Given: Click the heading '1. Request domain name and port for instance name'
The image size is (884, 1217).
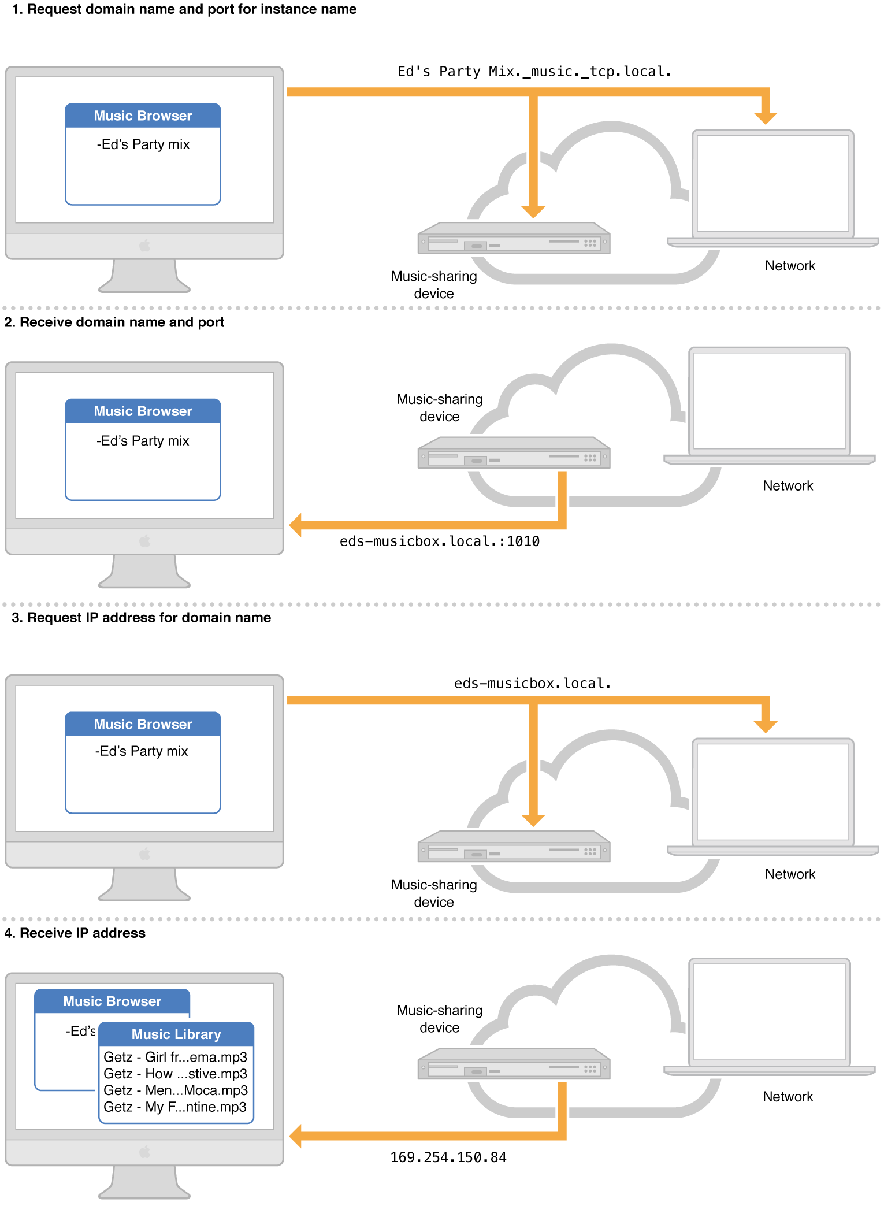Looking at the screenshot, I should (184, 9).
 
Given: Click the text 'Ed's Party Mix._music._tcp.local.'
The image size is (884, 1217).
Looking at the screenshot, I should (534, 72).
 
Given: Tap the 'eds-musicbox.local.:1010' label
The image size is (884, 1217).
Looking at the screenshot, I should (439, 541).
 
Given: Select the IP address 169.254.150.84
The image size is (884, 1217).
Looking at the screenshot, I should (448, 1157).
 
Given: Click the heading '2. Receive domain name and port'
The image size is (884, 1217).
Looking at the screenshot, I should (114, 322).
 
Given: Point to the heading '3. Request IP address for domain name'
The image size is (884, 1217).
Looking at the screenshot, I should (141, 618).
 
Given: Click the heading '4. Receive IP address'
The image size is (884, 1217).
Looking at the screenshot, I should (75, 933).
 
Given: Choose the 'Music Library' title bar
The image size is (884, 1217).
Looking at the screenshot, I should (176, 1034).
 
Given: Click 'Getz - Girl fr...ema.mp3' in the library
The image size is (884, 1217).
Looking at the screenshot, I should (175, 1057).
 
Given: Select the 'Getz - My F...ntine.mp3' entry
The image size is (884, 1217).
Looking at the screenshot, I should (175, 1107).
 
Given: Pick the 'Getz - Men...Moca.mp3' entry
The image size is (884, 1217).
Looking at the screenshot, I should (175, 1090).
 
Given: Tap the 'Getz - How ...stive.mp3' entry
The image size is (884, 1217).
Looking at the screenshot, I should (175, 1074).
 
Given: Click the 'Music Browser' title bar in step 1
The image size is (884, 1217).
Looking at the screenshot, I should (143, 116).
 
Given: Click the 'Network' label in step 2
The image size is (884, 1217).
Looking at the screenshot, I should (788, 486).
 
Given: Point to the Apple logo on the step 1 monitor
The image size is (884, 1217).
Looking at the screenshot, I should (144, 246).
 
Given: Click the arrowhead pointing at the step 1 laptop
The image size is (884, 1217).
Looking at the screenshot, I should (766, 118).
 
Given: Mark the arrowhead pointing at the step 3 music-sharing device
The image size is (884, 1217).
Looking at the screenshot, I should (533, 820).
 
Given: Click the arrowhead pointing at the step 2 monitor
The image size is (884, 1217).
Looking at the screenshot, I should (295, 525).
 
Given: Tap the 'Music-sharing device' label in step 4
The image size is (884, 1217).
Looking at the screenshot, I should (439, 1019).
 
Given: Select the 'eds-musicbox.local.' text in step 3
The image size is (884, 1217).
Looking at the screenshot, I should (532, 684).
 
